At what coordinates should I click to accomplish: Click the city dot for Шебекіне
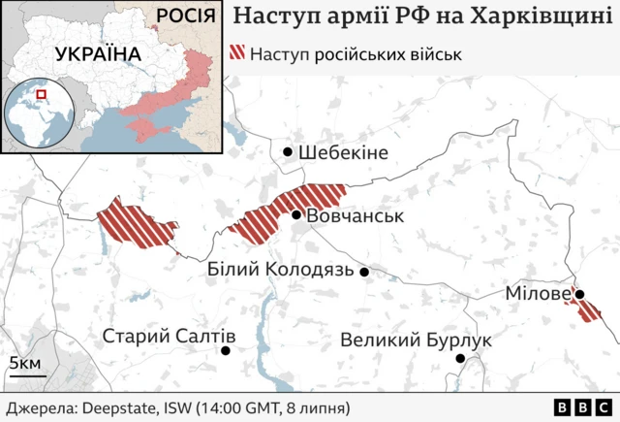tap(288, 152)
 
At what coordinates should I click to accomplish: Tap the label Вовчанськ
tap(354, 215)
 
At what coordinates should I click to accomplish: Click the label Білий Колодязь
tap(280, 270)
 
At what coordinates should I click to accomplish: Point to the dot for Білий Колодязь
tap(364, 273)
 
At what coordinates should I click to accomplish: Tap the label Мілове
tap(537, 292)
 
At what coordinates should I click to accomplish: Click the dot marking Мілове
tap(579, 294)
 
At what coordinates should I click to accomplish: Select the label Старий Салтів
tap(169, 337)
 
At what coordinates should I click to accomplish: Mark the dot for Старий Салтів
tap(226, 349)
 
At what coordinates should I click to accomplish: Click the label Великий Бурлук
tap(416, 341)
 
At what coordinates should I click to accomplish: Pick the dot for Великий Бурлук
tap(461, 359)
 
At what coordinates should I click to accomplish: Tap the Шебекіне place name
tap(343, 152)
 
